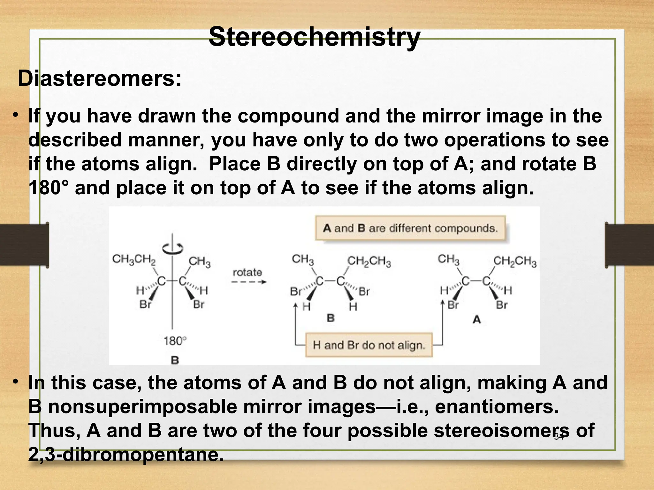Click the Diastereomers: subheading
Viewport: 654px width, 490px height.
click(x=100, y=78)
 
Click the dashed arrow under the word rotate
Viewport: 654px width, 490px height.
click(x=248, y=282)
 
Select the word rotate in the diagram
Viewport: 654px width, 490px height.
click(x=247, y=272)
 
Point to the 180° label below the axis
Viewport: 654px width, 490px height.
click(x=175, y=341)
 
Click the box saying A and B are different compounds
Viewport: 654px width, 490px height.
click(x=410, y=228)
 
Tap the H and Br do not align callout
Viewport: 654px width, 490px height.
click(x=369, y=345)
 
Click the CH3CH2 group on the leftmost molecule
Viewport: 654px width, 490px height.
click(x=134, y=259)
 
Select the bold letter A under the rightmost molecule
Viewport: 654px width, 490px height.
click(x=476, y=319)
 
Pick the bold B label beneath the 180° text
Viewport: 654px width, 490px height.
click(x=175, y=360)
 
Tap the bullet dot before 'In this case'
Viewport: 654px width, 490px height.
click(x=15, y=382)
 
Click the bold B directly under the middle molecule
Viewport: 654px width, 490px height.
click(x=331, y=318)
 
